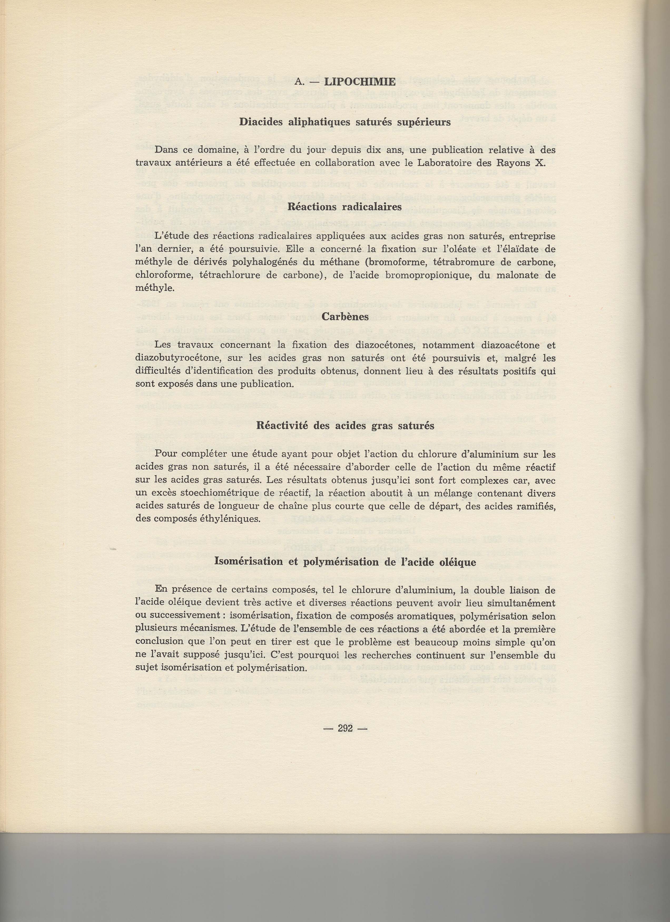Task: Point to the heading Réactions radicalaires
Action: coord(344,207)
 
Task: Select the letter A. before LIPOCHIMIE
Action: coord(299,82)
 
